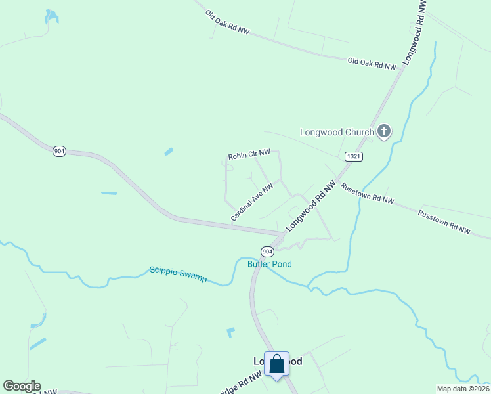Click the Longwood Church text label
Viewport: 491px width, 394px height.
coord(337,132)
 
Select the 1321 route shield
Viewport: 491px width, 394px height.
coord(354,156)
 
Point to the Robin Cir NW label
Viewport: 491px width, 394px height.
coord(249,156)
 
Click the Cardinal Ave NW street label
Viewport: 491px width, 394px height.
coord(251,202)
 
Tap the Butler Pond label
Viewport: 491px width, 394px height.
coord(269,264)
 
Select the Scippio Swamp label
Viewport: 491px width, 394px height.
coord(178,274)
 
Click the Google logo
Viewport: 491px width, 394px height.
coord(22,386)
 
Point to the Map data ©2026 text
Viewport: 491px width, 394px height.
coord(463,389)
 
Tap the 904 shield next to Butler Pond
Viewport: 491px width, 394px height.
coord(267,252)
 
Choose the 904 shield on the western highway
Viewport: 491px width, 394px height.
coord(60,151)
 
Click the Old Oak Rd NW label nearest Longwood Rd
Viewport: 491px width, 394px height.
coord(372,64)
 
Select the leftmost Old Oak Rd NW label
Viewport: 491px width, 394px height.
coord(227,22)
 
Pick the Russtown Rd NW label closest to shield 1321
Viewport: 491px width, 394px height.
coord(367,193)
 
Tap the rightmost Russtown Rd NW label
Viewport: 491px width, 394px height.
coord(444,221)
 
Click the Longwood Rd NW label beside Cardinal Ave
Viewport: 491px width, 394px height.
coord(310,205)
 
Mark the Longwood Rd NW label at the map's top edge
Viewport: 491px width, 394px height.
coord(414,32)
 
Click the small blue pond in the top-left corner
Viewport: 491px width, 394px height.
coord(51,16)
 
